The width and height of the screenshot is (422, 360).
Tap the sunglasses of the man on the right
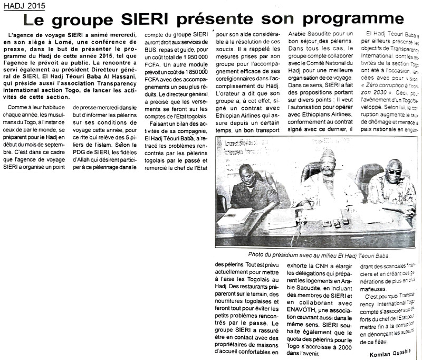click(394, 172)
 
